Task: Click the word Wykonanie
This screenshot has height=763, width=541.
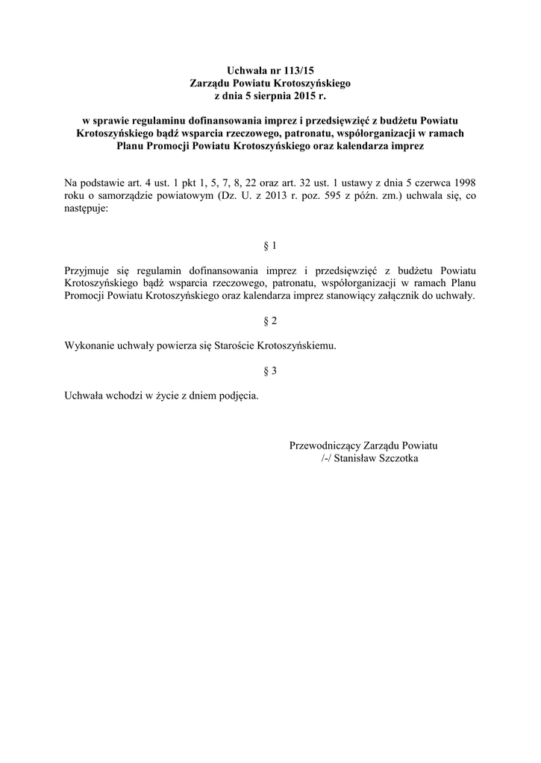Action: pos(90,346)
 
